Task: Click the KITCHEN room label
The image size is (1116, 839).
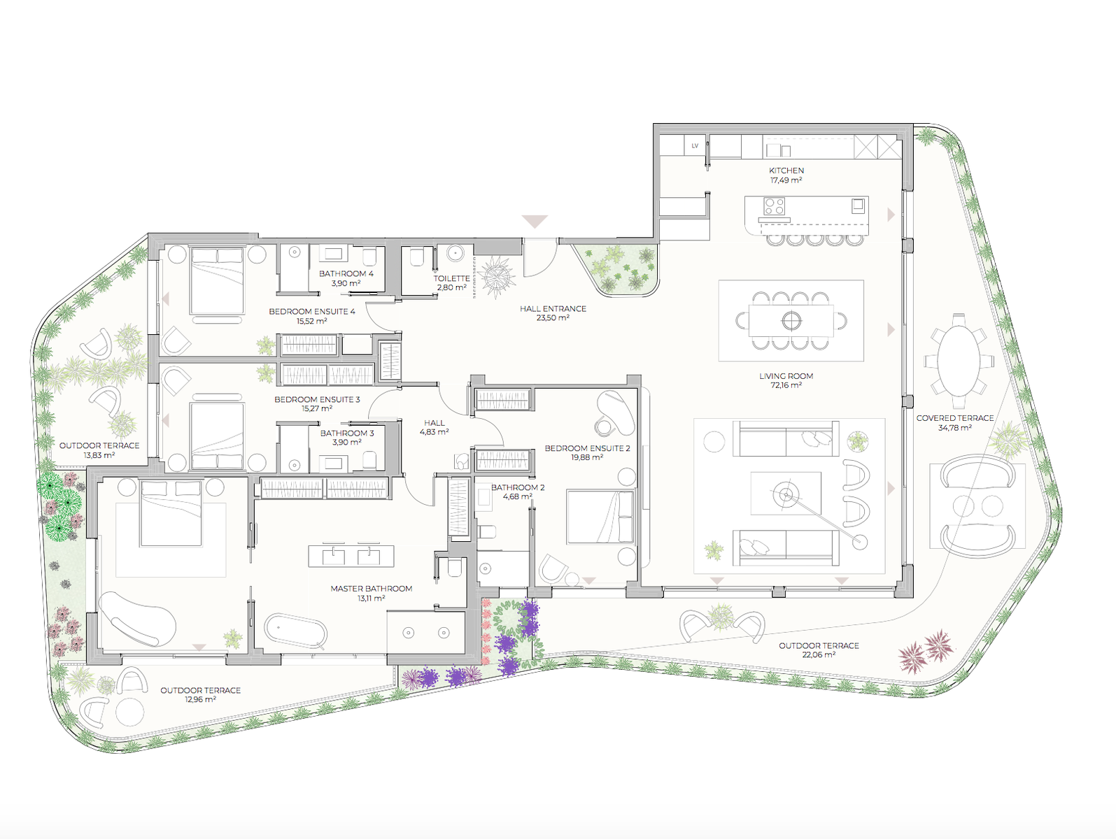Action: [786, 171]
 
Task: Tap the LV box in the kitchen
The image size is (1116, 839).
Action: [695, 145]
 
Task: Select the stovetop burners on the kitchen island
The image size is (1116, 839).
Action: [774, 207]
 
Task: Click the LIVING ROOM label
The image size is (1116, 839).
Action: [786, 376]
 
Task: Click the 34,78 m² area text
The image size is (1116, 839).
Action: [955, 428]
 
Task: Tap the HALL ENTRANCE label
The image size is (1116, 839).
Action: [553, 309]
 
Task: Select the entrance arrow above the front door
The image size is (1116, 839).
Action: [535, 222]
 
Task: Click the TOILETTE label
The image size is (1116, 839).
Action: [451, 278]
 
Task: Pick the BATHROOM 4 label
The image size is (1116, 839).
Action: [346, 274]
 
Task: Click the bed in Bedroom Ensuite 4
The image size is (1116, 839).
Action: [217, 280]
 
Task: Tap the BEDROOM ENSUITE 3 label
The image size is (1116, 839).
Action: [317, 400]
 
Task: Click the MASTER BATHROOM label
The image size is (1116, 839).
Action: [371, 589]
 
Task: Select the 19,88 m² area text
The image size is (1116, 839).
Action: [587, 457]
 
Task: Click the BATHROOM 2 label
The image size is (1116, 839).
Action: [518, 487]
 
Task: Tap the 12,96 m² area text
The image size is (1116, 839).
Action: [200, 699]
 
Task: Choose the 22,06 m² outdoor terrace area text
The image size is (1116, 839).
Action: [819, 654]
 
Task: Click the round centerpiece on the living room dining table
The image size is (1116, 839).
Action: [791, 320]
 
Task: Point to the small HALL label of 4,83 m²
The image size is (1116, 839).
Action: [435, 423]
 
